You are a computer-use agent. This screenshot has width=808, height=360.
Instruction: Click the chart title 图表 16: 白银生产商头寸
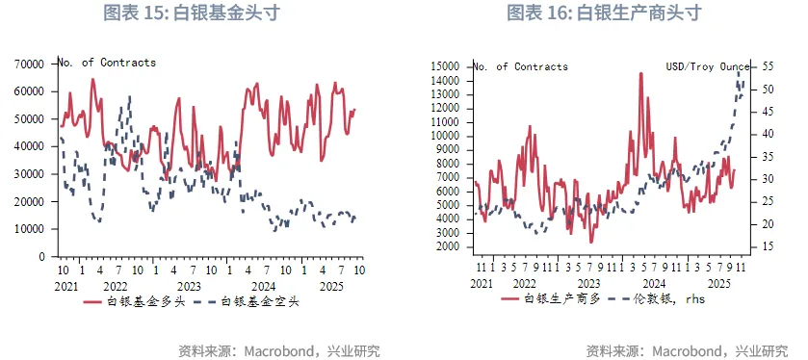click(604, 13)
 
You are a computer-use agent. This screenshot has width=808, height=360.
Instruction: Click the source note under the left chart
click(279, 350)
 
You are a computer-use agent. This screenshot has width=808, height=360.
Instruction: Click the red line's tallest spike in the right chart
click(640, 73)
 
